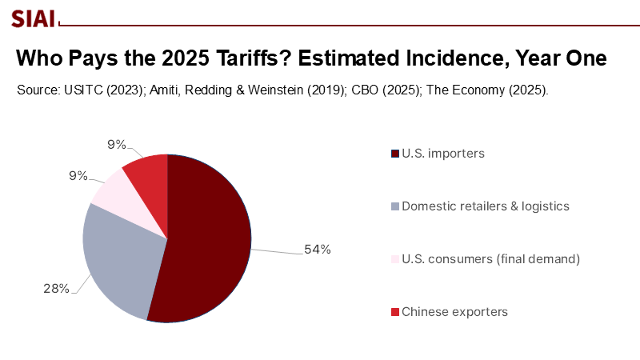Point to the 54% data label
317,250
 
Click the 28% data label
56,288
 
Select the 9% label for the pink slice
78,175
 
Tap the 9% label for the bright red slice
117,145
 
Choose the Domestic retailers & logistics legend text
485,206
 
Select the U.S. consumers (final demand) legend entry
490,258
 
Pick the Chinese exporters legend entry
454,311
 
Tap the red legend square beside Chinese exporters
394,311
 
